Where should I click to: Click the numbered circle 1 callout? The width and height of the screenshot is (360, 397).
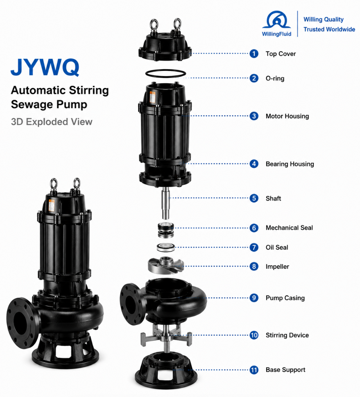pyautogui.click(x=254, y=54)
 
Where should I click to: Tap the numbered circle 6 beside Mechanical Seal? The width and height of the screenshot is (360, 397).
pyautogui.click(x=254, y=228)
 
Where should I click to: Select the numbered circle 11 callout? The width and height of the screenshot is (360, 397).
pyautogui.click(x=254, y=370)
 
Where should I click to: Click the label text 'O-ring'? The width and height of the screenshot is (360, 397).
pyautogui.click(x=275, y=79)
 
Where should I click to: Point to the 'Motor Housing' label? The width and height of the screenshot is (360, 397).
pyautogui.click(x=287, y=116)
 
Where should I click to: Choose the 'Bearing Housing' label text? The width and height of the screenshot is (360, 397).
pyautogui.click(x=289, y=164)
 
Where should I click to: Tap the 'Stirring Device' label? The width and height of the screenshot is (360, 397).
pyautogui.click(x=287, y=335)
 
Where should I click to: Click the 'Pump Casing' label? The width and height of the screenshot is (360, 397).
pyautogui.click(x=285, y=298)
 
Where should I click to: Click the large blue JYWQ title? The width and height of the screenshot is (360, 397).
pyautogui.click(x=45, y=67)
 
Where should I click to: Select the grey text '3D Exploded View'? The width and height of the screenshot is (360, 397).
pyautogui.click(x=52, y=122)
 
